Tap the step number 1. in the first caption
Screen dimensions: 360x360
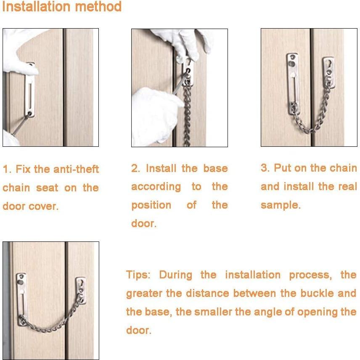(7, 169)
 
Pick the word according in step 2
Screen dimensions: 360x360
(156, 187)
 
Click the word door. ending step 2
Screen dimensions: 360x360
(144, 224)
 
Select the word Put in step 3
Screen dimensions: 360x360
(282, 168)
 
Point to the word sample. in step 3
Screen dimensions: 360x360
(281, 205)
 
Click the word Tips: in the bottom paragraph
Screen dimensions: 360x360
(138, 275)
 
